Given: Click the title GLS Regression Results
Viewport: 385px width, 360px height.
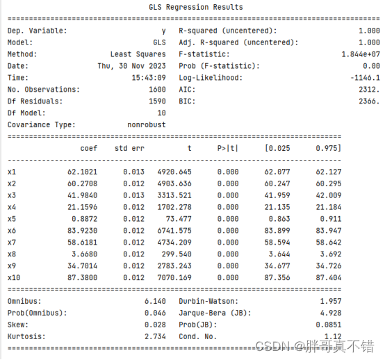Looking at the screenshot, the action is tap(196, 7).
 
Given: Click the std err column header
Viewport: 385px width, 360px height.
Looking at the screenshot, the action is tap(129, 148).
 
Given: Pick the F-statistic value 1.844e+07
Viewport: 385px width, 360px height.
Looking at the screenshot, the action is tap(361, 54).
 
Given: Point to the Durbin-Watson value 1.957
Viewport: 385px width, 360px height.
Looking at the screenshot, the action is tap(368, 301).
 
